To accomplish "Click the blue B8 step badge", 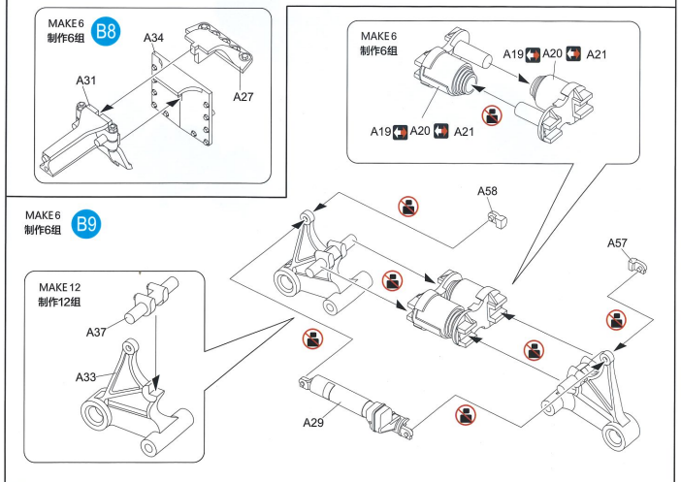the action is [x=106, y=31].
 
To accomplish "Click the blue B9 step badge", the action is [x=86, y=224].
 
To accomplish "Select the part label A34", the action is [x=153, y=38].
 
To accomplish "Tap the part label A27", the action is [x=243, y=96].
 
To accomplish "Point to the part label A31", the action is [x=85, y=80].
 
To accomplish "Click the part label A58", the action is [x=487, y=191].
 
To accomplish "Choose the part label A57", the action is [x=617, y=243].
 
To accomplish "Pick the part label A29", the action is [x=313, y=422].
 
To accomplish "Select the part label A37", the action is [x=96, y=333].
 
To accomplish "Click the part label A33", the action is [x=85, y=377].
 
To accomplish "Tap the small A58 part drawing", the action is [x=498, y=220].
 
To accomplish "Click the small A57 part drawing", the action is [x=637, y=266].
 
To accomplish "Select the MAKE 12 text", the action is [x=59, y=287].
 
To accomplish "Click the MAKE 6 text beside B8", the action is [x=66, y=23].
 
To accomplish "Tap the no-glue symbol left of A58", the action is [x=408, y=207].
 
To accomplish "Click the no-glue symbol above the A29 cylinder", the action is [x=312, y=338].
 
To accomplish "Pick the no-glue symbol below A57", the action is [x=616, y=320].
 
